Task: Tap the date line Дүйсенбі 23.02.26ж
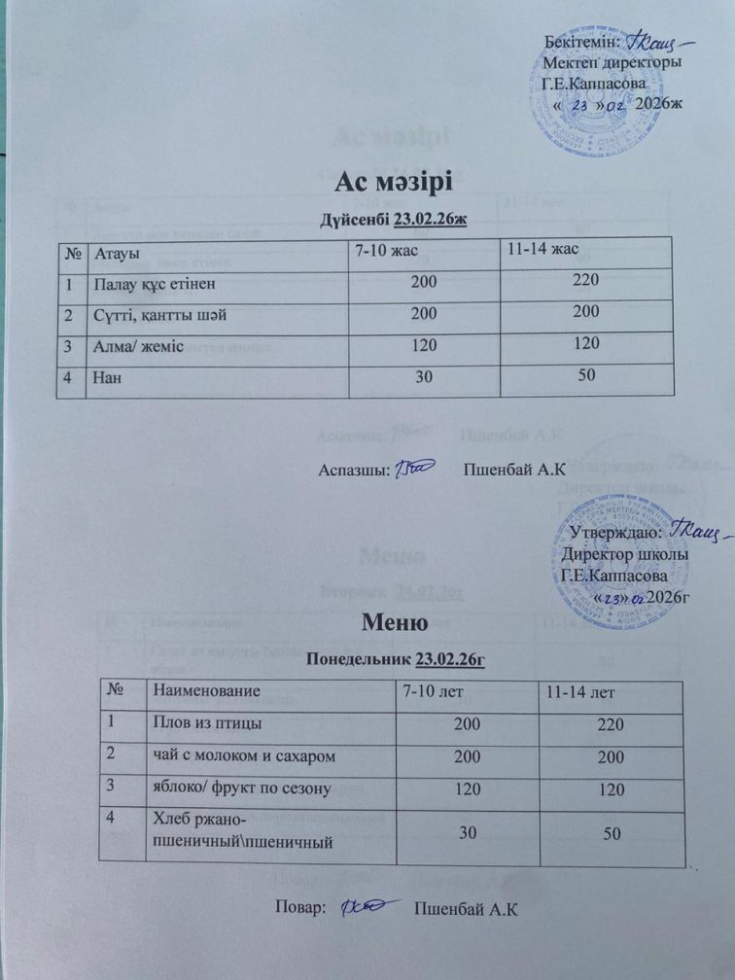click(395, 219)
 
